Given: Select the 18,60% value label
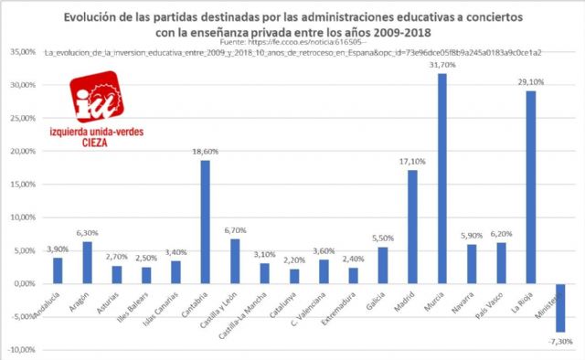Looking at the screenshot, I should [x=206, y=152].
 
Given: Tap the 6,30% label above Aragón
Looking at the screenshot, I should [x=88, y=233].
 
